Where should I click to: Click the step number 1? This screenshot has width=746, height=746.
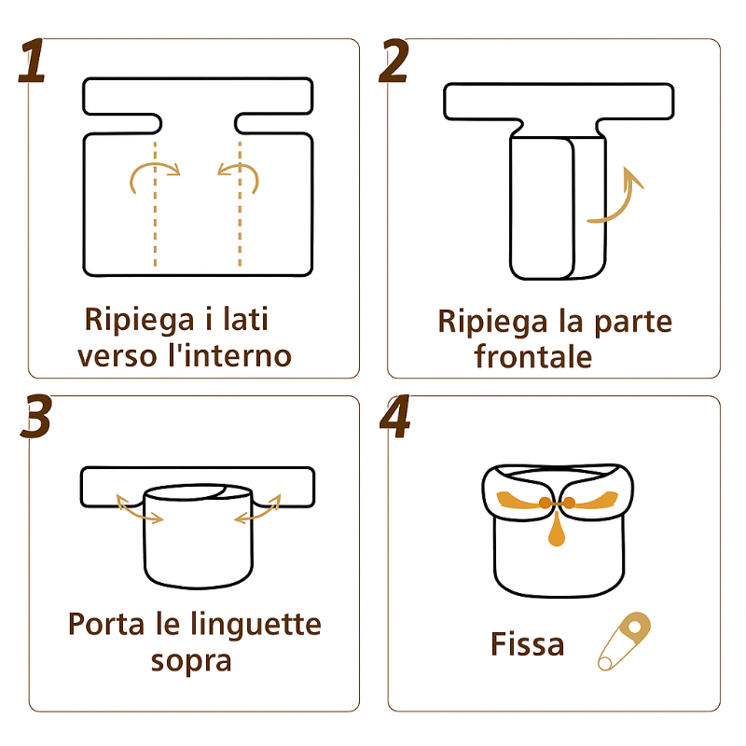tap(33, 61)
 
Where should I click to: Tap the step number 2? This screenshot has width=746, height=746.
tap(394, 61)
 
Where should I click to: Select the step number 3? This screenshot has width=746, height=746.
tap(35, 417)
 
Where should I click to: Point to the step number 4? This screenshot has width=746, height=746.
tap(394, 417)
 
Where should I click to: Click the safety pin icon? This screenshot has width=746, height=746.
tap(624, 641)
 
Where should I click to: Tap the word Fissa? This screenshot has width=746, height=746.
tap(527, 644)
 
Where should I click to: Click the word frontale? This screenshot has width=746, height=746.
tap(532, 356)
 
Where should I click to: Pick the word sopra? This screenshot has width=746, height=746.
tap(191, 661)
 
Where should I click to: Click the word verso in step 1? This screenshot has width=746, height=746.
tap(117, 356)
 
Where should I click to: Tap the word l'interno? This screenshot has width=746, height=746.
tap(230, 355)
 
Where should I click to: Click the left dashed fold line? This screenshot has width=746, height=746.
tap(155, 203)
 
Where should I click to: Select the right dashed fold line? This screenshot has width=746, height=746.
tap(240, 203)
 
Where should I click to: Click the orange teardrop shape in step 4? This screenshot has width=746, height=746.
tap(557, 531)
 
